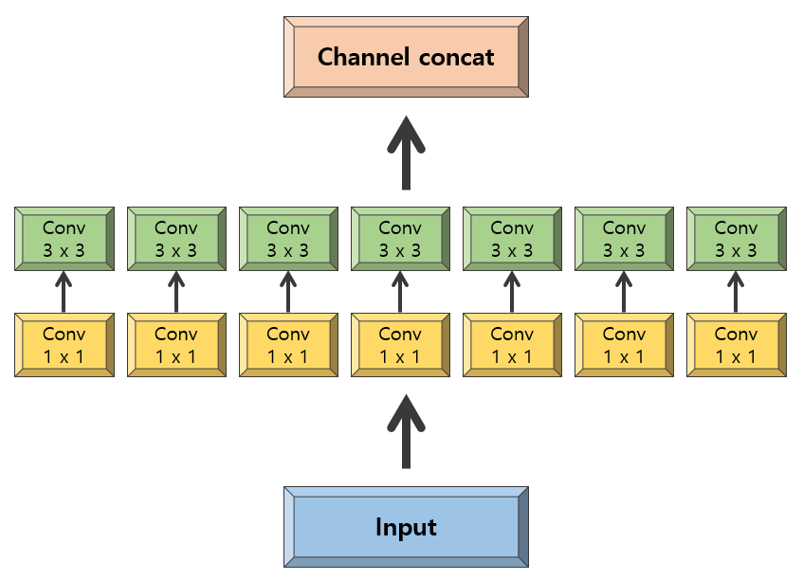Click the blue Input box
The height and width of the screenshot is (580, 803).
coord(406,527)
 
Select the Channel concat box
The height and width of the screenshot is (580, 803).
coord(406,57)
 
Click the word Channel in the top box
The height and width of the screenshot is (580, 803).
coord(363,56)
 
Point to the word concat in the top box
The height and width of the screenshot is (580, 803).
coord(456,57)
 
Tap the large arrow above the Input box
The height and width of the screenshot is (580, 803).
coord(406,431)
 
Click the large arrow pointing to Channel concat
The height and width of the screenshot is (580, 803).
coord(406,154)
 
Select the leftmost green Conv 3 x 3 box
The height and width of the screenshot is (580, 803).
coord(64,239)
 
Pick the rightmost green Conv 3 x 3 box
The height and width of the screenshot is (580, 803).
coord(737,239)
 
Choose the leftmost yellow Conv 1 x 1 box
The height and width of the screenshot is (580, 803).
coord(64,345)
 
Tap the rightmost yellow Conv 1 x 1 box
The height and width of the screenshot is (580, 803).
coord(737,345)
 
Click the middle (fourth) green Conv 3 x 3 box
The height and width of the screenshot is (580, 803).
coord(400,239)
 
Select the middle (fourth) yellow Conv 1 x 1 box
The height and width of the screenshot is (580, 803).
coord(400,345)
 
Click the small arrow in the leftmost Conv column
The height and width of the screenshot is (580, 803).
coord(64,292)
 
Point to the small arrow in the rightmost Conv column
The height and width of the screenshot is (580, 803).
coord(736,292)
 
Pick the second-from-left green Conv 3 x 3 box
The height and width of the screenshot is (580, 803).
coord(176,239)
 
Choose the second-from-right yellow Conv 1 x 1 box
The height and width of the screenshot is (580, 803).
coord(624,345)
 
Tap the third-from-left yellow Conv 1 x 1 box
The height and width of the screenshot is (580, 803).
coord(288,345)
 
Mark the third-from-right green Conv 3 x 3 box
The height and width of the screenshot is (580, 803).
coord(512,239)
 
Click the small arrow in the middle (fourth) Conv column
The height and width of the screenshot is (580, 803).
coord(400,292)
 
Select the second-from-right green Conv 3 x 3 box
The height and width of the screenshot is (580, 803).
coord(624,239)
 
